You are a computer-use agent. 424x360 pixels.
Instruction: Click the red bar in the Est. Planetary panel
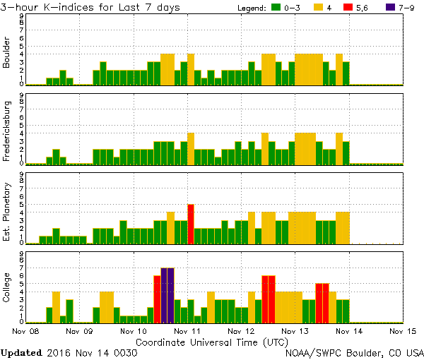[x=191, y=224]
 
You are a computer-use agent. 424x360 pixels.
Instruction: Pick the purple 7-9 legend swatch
[x=379, y=8]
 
